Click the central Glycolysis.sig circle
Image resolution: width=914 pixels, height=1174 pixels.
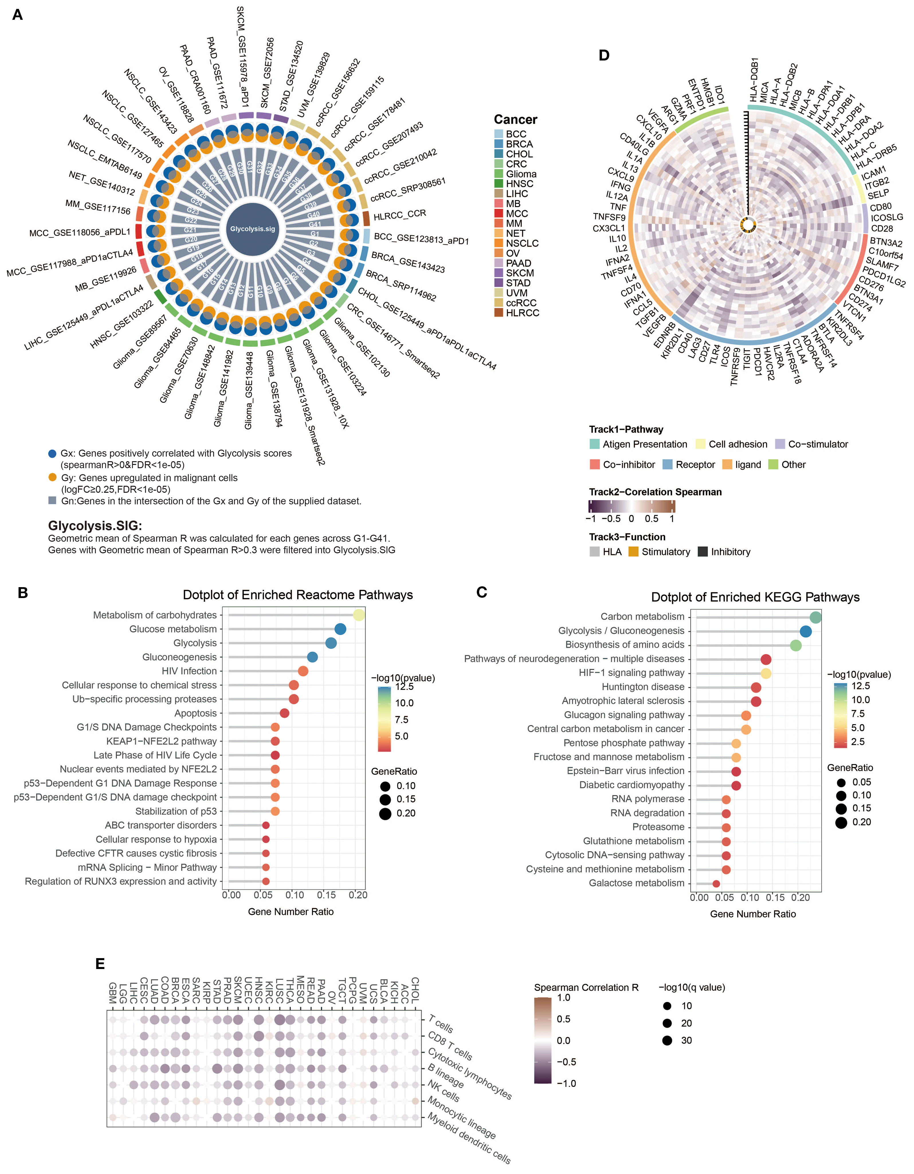[x=252, y=229]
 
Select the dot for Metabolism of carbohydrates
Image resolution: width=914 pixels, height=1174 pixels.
[x=359, y=615]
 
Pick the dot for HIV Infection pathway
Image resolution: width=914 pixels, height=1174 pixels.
[x=303, y=671]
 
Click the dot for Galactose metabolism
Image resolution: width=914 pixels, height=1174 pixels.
[x=716, y=884]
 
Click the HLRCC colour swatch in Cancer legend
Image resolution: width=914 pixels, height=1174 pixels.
[x=499, y=313]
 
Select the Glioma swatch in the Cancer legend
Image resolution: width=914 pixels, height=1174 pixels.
[x=499, y=174]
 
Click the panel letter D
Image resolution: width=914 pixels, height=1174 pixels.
[x=604, y=55]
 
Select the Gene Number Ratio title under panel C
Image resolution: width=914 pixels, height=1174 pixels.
[x=753, y=914]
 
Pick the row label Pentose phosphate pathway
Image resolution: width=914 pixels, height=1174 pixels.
[x=624, y=743]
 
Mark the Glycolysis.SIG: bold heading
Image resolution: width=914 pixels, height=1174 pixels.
[x=95, y=526]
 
